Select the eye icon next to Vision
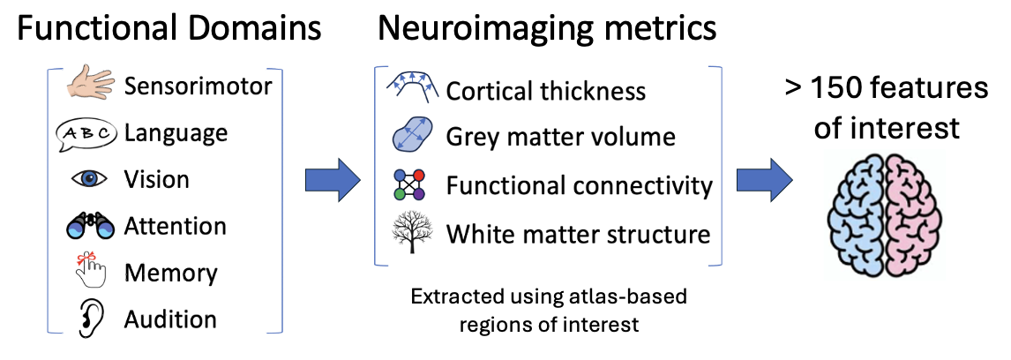(x=89, y=179)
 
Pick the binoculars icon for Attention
(x=91, y=227)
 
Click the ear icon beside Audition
(x=90, y=319)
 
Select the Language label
(x=176, y=133)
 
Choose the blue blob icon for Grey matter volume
(x=410, y=137)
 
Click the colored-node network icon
(x=408, y=184)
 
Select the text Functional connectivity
(x=579, y=186)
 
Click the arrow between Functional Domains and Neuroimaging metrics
(x=333, y=181)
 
